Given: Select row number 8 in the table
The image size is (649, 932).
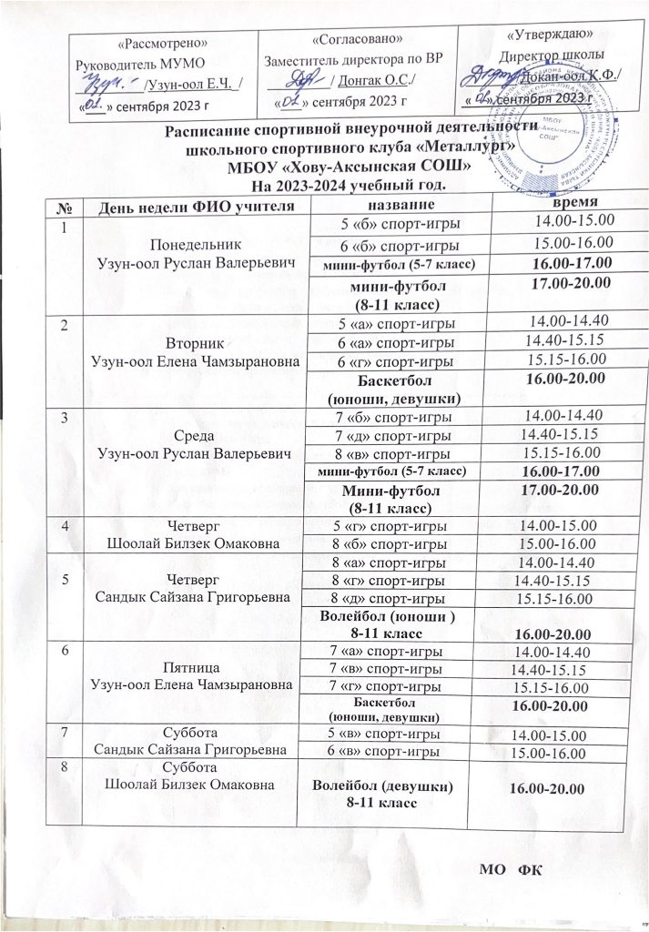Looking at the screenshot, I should pos(63,766).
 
